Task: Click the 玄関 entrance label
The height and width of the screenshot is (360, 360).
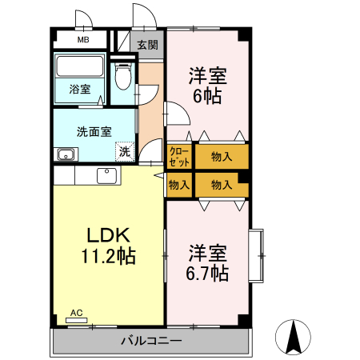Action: pyautogui.click(x=147, y=45)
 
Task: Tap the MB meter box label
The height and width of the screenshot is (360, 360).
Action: pyautogui.click(x=82, y=39)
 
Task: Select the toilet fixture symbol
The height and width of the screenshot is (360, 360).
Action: pyautogui.click(x=122, y=78)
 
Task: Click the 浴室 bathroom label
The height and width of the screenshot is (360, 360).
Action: pyautogui.click(x=79, y=90)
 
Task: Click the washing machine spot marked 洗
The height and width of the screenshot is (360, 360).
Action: pyautogui.click(x=124, y=150)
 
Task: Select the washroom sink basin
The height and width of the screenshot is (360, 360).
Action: pyautogui.click(x=66, y=154)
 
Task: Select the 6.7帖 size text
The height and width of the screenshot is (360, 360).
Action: pyautogui.click(x=208, y=274)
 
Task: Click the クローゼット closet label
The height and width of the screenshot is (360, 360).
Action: pyautogui.click(x=179, y=155)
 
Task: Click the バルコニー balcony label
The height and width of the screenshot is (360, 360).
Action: pyautogui.click(x=151, y=341)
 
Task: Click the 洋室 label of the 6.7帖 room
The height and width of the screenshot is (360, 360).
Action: pyautogui.click(x=208, y=254)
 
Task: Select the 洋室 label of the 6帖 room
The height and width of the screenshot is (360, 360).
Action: pyautogui.click(x=208, y=77)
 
